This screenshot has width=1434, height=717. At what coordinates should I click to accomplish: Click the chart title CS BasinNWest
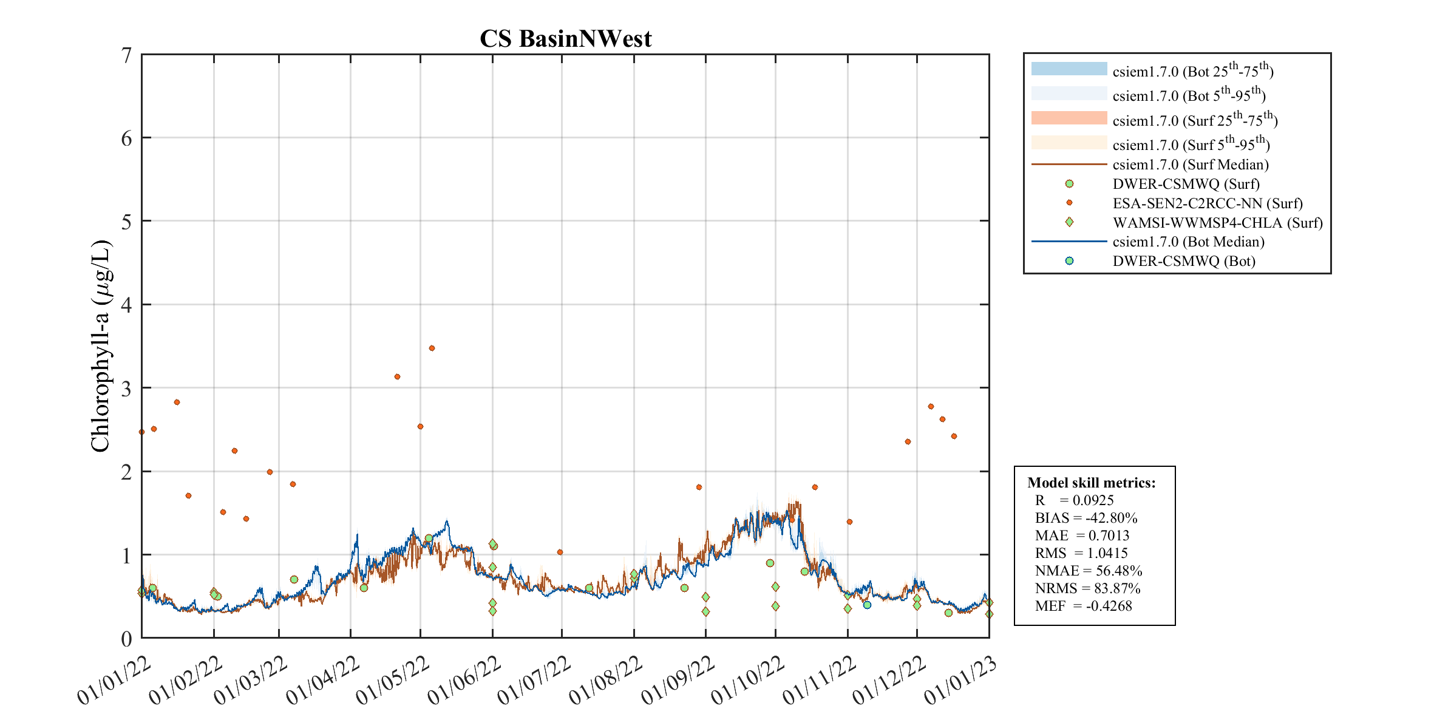tap(565, 39)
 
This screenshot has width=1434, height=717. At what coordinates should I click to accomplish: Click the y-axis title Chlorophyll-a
tap(101, 346)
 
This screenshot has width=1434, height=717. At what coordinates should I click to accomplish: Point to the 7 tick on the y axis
tap(126, 55)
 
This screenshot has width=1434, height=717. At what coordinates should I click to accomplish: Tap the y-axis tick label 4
tap(126, 305)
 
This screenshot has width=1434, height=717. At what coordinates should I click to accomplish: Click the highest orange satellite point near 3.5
tap(432, 348)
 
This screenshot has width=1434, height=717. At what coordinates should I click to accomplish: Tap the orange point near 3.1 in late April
tap(397, 377)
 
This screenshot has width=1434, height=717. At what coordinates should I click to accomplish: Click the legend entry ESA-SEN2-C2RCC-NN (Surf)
tap(1207, 203)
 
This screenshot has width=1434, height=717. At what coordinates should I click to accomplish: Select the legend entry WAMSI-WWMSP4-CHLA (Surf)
tap(1217, 223)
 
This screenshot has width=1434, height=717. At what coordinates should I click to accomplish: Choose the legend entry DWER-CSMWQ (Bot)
tap(1183, 261)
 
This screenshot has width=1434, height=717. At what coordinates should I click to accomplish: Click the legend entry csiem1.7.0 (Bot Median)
tap(1188, 242)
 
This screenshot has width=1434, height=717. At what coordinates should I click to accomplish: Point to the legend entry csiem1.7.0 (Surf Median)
tap(1190, 165)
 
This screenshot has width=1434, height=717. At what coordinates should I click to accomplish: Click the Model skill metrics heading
tap(1091, 483)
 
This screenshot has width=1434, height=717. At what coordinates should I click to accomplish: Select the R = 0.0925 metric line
tap(1074, 500)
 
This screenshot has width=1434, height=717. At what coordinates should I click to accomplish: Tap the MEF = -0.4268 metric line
tap(1083, 606)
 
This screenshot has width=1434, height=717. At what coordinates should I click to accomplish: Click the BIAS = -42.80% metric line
tap(1086, 518)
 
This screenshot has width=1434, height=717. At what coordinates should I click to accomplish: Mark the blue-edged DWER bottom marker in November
tap(867, 605)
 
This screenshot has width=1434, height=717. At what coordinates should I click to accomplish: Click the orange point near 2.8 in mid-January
tap(177, 403)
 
